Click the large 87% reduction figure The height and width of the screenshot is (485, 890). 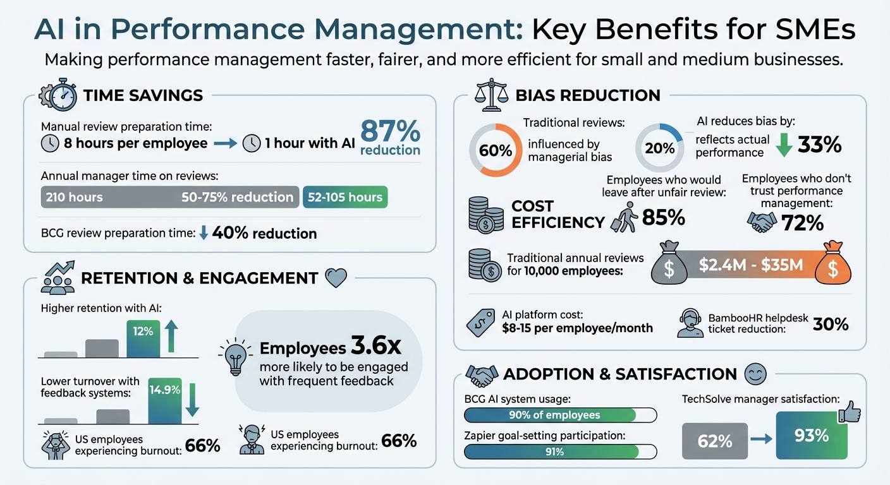[390, 138]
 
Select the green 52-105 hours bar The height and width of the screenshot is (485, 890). [345, 197]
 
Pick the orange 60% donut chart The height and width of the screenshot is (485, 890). [496, 150]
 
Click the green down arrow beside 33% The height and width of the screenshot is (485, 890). [783, 145]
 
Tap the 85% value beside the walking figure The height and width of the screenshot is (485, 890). [663, 218]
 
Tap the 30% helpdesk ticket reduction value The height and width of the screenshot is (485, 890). [831, 324]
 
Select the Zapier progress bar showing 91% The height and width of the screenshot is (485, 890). [560, 452]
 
